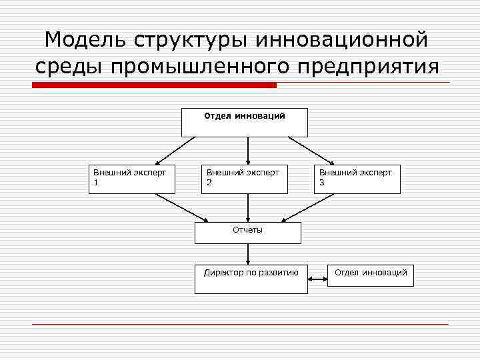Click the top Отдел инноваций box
coord(245,122)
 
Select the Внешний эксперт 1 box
coord(131,178)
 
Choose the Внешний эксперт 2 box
coord(245,178)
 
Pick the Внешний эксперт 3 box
coord(357,178)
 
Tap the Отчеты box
coord(247,232)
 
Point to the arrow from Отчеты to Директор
coord(248,253)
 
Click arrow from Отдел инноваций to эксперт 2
coord(248,150)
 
